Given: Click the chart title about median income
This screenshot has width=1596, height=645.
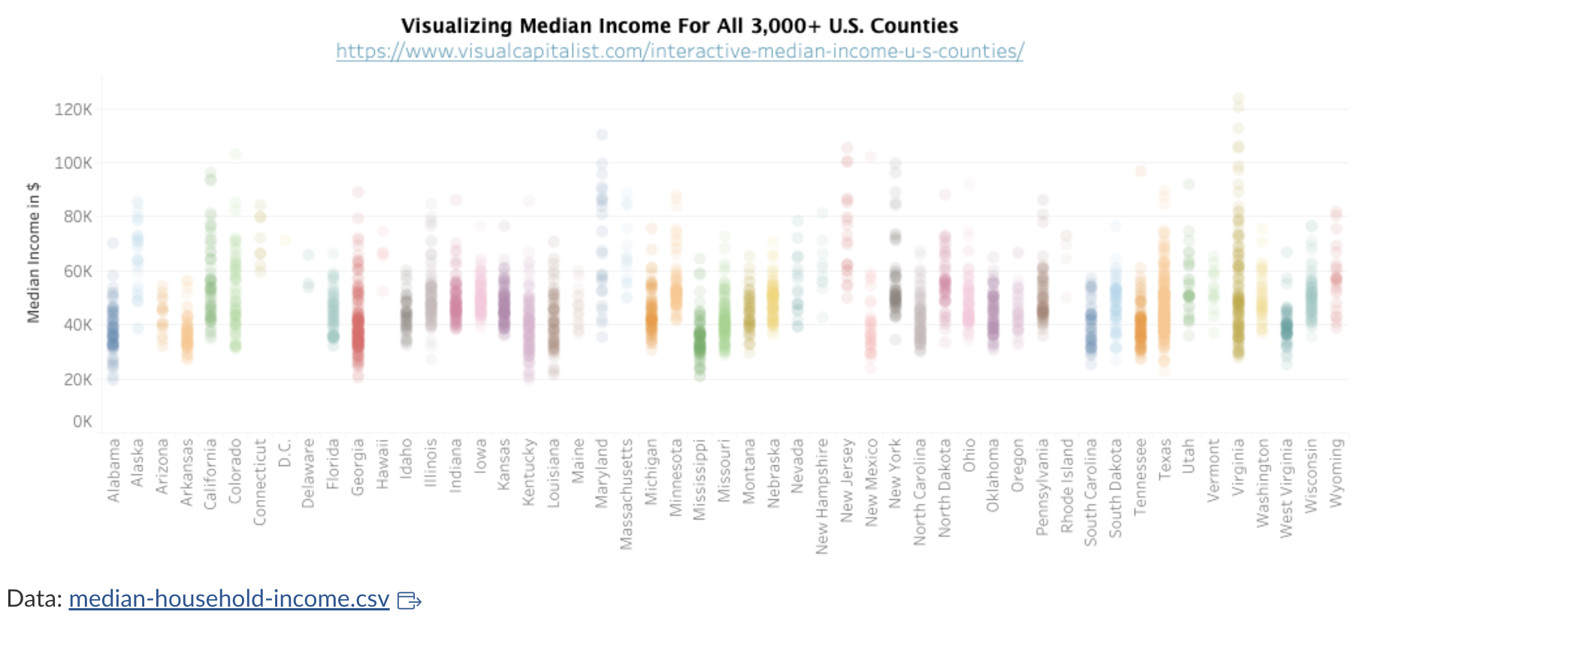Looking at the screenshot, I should point(679,26).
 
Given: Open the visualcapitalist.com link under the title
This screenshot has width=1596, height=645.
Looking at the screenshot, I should point(679,51).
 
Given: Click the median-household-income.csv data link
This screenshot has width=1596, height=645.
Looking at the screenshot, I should point(228,598).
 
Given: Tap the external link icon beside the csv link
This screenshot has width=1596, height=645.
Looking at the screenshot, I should point(409,600).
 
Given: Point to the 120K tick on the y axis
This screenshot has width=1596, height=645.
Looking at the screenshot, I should point(73,110).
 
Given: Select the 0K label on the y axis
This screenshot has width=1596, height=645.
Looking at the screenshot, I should point(82,422).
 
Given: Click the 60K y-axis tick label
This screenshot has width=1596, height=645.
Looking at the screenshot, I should point(77,271).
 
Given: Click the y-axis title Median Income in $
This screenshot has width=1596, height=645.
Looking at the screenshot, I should point(33,253).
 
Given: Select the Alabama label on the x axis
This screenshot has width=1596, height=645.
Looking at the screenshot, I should point(113,471).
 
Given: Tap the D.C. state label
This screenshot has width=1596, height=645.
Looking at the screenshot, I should point(284,453).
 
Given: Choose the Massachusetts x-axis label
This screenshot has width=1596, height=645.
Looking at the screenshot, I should point(627,494).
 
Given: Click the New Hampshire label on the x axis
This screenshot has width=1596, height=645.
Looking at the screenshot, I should point(822,496).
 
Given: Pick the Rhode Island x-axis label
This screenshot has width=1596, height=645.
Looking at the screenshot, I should point(1067,486).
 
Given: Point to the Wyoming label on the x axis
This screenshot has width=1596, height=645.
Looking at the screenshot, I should point(1335,473).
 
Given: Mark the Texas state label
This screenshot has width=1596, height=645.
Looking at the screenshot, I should point(1165,459).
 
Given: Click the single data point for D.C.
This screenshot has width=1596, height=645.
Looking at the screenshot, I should point(285,241).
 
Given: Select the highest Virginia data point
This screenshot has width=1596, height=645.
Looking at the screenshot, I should point(1238,98).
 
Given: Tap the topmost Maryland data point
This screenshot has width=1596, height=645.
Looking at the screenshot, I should point(602,135).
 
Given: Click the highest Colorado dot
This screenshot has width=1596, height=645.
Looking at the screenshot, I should point(235,154).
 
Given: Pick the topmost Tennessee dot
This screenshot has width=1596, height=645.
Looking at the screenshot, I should point(1140,171).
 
